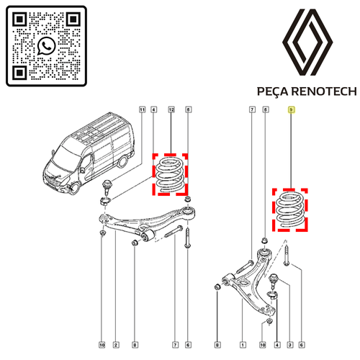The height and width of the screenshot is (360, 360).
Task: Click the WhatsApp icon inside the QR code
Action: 46,46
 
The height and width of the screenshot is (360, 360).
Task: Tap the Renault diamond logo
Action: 307,42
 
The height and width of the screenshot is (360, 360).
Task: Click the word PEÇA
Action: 272,91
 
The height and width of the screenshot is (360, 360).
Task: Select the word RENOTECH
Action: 324,91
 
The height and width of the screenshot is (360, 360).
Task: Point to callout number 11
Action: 143,109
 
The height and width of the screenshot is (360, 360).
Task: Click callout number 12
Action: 171,109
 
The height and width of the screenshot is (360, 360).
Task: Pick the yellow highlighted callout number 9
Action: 291,109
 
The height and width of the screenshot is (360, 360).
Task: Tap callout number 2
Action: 116,345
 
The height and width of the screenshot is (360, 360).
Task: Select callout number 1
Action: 243,345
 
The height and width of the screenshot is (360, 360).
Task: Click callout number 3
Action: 290,345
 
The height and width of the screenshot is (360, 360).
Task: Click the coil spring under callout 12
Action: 170,174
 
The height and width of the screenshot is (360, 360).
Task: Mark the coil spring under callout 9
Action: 290,210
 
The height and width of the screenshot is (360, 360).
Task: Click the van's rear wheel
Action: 122,161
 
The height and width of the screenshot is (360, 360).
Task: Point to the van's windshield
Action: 63,158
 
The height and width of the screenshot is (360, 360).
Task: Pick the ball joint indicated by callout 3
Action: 273,281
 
